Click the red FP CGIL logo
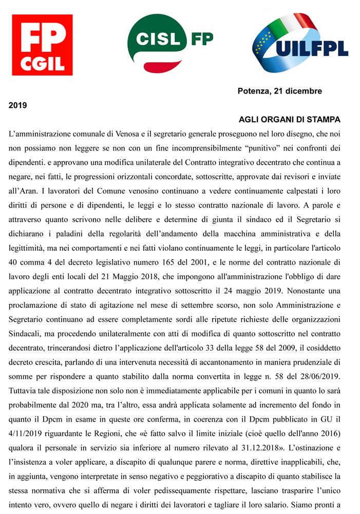tap(42, 45)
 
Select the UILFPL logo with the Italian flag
tap(300, 43)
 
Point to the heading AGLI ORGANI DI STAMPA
tap(289, 120)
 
